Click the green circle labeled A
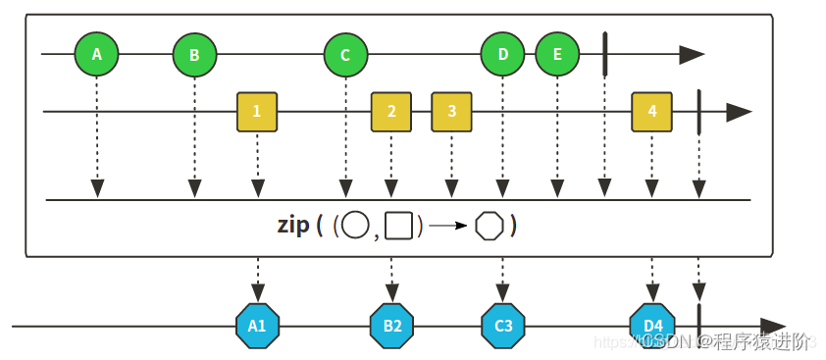coord(97,55)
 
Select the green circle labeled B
coord(194,55)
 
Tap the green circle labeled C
coord(345,55)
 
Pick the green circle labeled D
coord(503,55)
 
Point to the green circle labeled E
coord(557,55)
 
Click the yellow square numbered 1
coord(257,112)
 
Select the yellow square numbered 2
coord(391,112)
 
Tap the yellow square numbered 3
coord(452,112)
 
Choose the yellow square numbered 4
coord(652,112)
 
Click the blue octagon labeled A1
coord(258,326)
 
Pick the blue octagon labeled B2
coord(392,326)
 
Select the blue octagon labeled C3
coord(503,326)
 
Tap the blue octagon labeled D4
coord(652,326)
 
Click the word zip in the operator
coord(294,225)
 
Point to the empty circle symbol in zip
coord(355,226)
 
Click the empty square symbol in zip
coord(397,226)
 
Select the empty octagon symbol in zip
coord(489,226)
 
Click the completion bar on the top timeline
coord(605,54)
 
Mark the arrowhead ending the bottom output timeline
coord(772,326)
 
